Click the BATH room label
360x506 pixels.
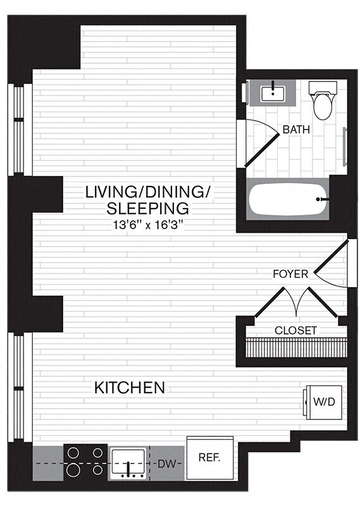pyautogui.click(x=296, y=130)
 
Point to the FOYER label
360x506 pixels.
pyautogui.click(x=290, y=274)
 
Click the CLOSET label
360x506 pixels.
pyautogui.click(x=295, y=330)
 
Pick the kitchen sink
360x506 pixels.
pyautogui.click(x=130, y=464)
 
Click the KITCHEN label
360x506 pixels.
pyautogui.click(x=130, y=387)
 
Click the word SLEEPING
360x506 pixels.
pyautogui.click(x=148, y=207)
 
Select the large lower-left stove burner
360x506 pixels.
pyautogui.click(x=73, y=469)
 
